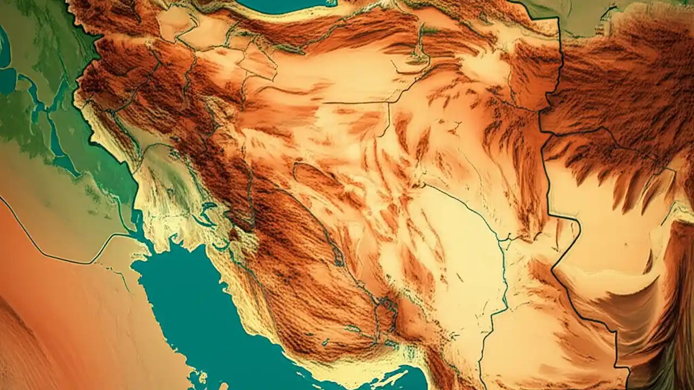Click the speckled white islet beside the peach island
coord(202,376)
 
